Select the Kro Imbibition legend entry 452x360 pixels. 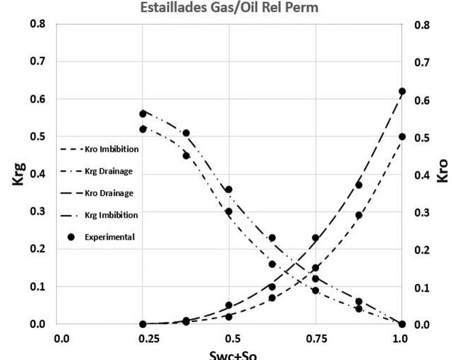point(99,149)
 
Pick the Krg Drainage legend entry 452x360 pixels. point(99,171)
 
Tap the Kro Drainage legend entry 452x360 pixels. point(99,193)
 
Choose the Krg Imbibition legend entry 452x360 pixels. point(99,215)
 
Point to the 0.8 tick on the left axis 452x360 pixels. point(38,24)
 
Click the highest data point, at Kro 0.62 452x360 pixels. point(402,91)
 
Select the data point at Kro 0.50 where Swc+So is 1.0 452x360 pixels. point(402,136)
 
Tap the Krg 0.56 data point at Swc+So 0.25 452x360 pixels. point(143,114)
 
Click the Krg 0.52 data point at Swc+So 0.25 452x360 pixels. point(143,129)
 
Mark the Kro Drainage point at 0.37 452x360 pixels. point(359,185)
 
